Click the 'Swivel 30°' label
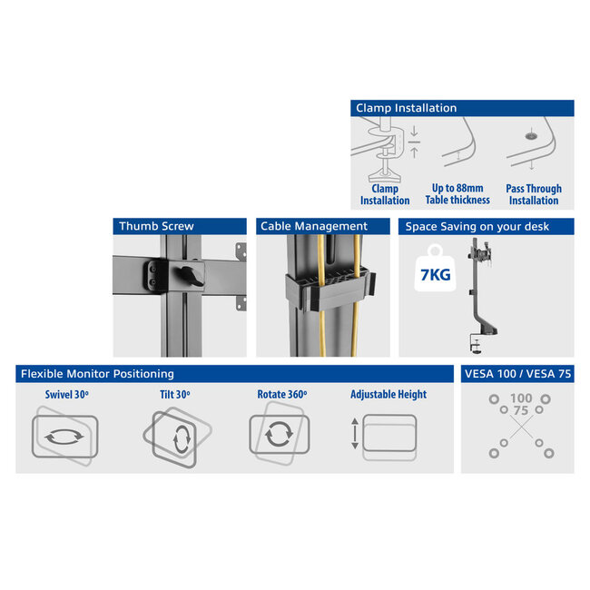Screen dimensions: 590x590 (65, 395)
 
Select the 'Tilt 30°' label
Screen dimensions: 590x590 (169, 395)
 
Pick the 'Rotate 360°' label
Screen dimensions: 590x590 (281, 395)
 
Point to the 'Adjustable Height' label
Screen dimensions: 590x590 (388, 395)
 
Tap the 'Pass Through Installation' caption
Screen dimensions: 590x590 (534, 194)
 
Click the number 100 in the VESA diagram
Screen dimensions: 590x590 (521, 398)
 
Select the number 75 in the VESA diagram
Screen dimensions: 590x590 (521, 410)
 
